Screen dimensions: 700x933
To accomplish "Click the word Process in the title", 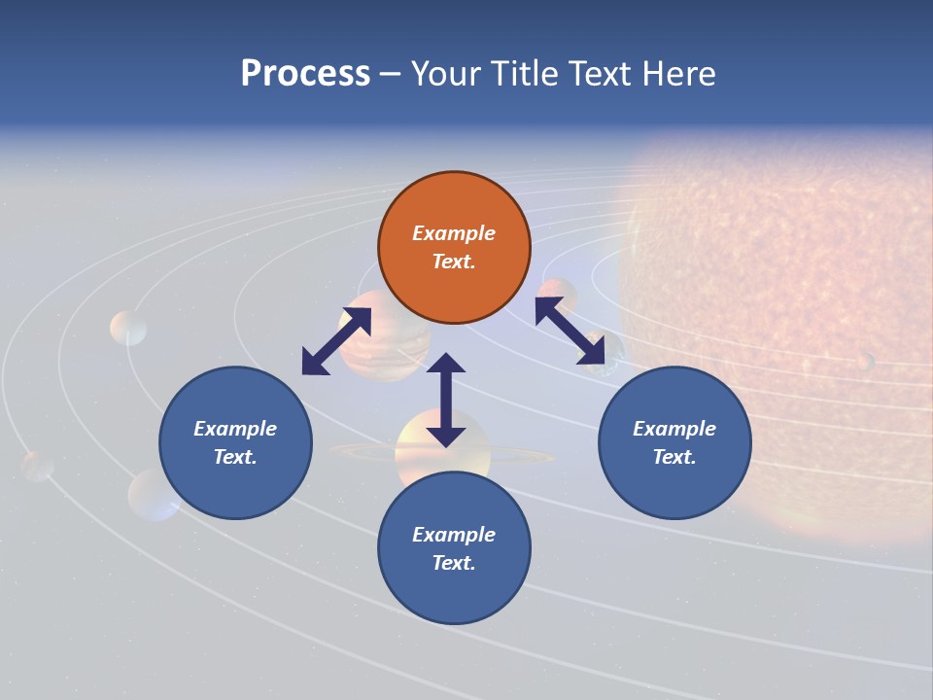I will click(305, 74).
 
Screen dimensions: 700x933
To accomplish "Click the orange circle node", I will click(454, 248).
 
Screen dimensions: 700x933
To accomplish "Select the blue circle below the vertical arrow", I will click(454, 548).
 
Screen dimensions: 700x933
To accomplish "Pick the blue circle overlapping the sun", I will click(674, 442).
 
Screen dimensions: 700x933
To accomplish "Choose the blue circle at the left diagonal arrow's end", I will click(235, 442).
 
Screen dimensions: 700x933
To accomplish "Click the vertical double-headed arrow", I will click(446, 400).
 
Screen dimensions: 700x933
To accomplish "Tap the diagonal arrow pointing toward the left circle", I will click(336, 341).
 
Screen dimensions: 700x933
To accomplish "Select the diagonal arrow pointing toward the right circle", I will click(572, 336).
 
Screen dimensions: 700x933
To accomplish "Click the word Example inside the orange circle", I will click(454, 233).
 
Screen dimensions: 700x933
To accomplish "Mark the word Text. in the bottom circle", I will click(454, 563).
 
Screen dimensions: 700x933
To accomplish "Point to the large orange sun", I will click(797, 292).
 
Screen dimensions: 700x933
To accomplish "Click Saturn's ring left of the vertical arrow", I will click(360, 451).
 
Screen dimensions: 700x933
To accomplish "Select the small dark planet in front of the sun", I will click(864, 362).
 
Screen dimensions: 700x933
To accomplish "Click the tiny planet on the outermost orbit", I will click(38, 466).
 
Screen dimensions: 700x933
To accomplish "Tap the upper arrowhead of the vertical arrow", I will click(446, 366).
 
